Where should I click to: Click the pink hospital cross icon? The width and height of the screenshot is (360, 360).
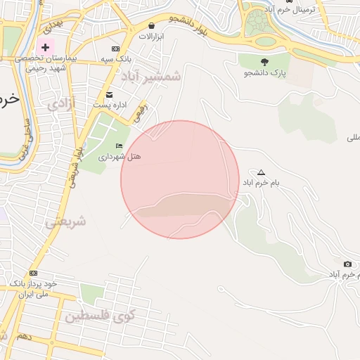46,46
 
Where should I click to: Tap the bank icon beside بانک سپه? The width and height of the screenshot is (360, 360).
115,49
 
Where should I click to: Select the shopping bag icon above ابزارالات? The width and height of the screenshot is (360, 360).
152,25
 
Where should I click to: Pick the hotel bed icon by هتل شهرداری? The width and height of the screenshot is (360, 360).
118,146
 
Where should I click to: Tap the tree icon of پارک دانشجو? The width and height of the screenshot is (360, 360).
264,62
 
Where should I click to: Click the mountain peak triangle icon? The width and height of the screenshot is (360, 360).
262,172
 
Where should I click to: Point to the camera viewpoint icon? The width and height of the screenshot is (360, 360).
347,264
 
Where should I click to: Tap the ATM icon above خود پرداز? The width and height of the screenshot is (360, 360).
33,273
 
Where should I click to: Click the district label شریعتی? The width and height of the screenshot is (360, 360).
66,221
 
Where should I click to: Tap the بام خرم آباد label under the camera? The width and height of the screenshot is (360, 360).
339,274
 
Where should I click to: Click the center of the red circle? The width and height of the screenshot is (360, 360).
180,179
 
